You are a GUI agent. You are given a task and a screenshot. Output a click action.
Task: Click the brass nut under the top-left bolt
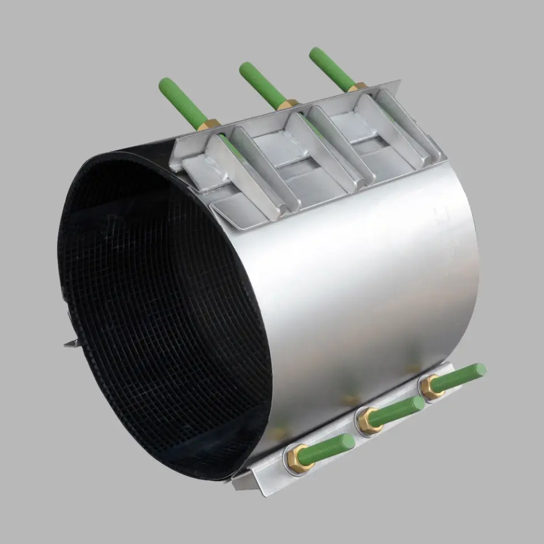(209, 125)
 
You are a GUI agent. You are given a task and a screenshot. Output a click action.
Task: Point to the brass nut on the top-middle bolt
(288, 105)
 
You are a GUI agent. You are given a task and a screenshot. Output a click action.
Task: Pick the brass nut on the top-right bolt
(358, 87)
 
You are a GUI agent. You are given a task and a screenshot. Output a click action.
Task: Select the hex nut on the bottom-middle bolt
(368, 421)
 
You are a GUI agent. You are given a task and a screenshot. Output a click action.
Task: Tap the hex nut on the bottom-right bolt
(432, 387)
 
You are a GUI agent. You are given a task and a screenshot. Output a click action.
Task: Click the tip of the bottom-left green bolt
(350, 439)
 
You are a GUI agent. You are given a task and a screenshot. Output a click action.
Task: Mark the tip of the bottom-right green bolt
(482, 369)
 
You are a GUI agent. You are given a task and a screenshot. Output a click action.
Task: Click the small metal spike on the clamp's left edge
(71, 342)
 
